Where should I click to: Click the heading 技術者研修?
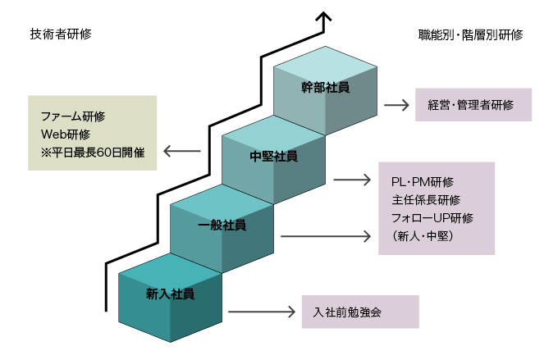click(x=60, y=35)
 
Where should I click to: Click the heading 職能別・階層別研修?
click(x=470, y=35)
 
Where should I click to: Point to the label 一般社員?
click(x=222, y=224)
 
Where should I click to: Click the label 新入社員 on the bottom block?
click(x=171, y=293)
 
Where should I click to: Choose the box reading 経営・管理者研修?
click(x=473, y=105)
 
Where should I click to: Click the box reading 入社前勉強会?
click(x=360, y=312)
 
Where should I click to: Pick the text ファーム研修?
click(x=73, y=116)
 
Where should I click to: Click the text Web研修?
click(x=65, y=134)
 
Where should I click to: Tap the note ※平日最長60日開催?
click(x=93, y=151)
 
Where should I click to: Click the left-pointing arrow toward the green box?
click(x=182, y=151)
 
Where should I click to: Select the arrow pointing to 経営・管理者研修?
click(x=396, y=105)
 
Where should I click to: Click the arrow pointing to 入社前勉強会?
click(x=261, y=312)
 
